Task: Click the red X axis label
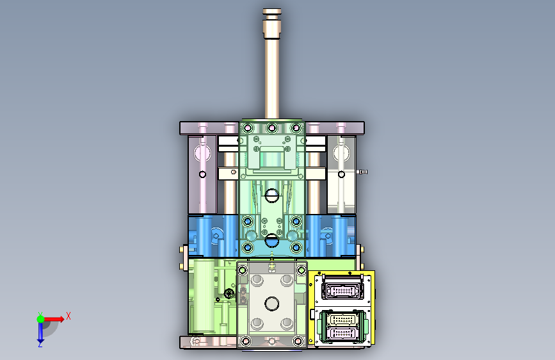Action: click(68, 316)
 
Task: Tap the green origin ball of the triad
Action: click(41, 319)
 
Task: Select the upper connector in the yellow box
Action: click(342, 291)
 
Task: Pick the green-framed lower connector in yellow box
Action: click(342, 326)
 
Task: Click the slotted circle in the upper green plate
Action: click(272, 195)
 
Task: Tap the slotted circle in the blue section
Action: click(272, 240)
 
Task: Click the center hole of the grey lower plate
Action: click(272, 303)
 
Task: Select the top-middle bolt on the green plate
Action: click(272, 128)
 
